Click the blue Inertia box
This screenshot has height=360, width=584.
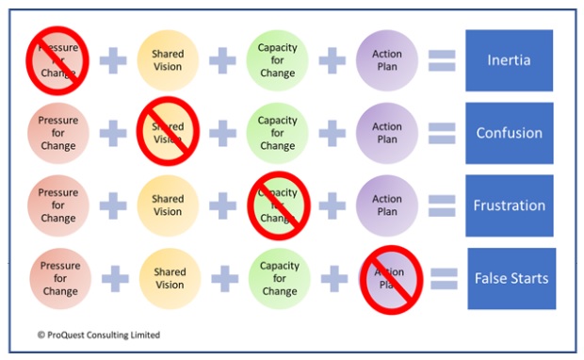click(509, 60)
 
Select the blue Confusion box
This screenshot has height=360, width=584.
click(509, 133)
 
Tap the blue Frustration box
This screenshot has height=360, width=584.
click(509, 205)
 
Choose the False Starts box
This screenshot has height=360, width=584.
click(511, 278)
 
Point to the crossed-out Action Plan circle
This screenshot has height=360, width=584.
click(388, 279)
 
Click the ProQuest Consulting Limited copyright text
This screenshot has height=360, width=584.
click(99, 335)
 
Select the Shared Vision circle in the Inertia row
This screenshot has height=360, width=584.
click(168, 60)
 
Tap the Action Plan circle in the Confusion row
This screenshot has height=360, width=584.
click(386, 133)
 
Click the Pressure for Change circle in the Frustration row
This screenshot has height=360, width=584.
click(58, 205)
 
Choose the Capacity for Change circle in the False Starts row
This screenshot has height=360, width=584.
click(279, 278)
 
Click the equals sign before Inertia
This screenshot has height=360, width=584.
click(442, 60)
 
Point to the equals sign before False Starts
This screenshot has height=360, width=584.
click(444, 278)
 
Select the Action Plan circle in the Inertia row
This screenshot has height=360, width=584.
click(386, 60)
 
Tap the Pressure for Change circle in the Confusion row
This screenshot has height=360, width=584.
click(58, 133)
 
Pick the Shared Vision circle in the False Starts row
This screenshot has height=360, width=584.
click(170, 278)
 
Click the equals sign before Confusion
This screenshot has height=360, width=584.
click(442, 133)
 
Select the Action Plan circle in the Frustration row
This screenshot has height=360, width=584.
click(386, 205)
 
